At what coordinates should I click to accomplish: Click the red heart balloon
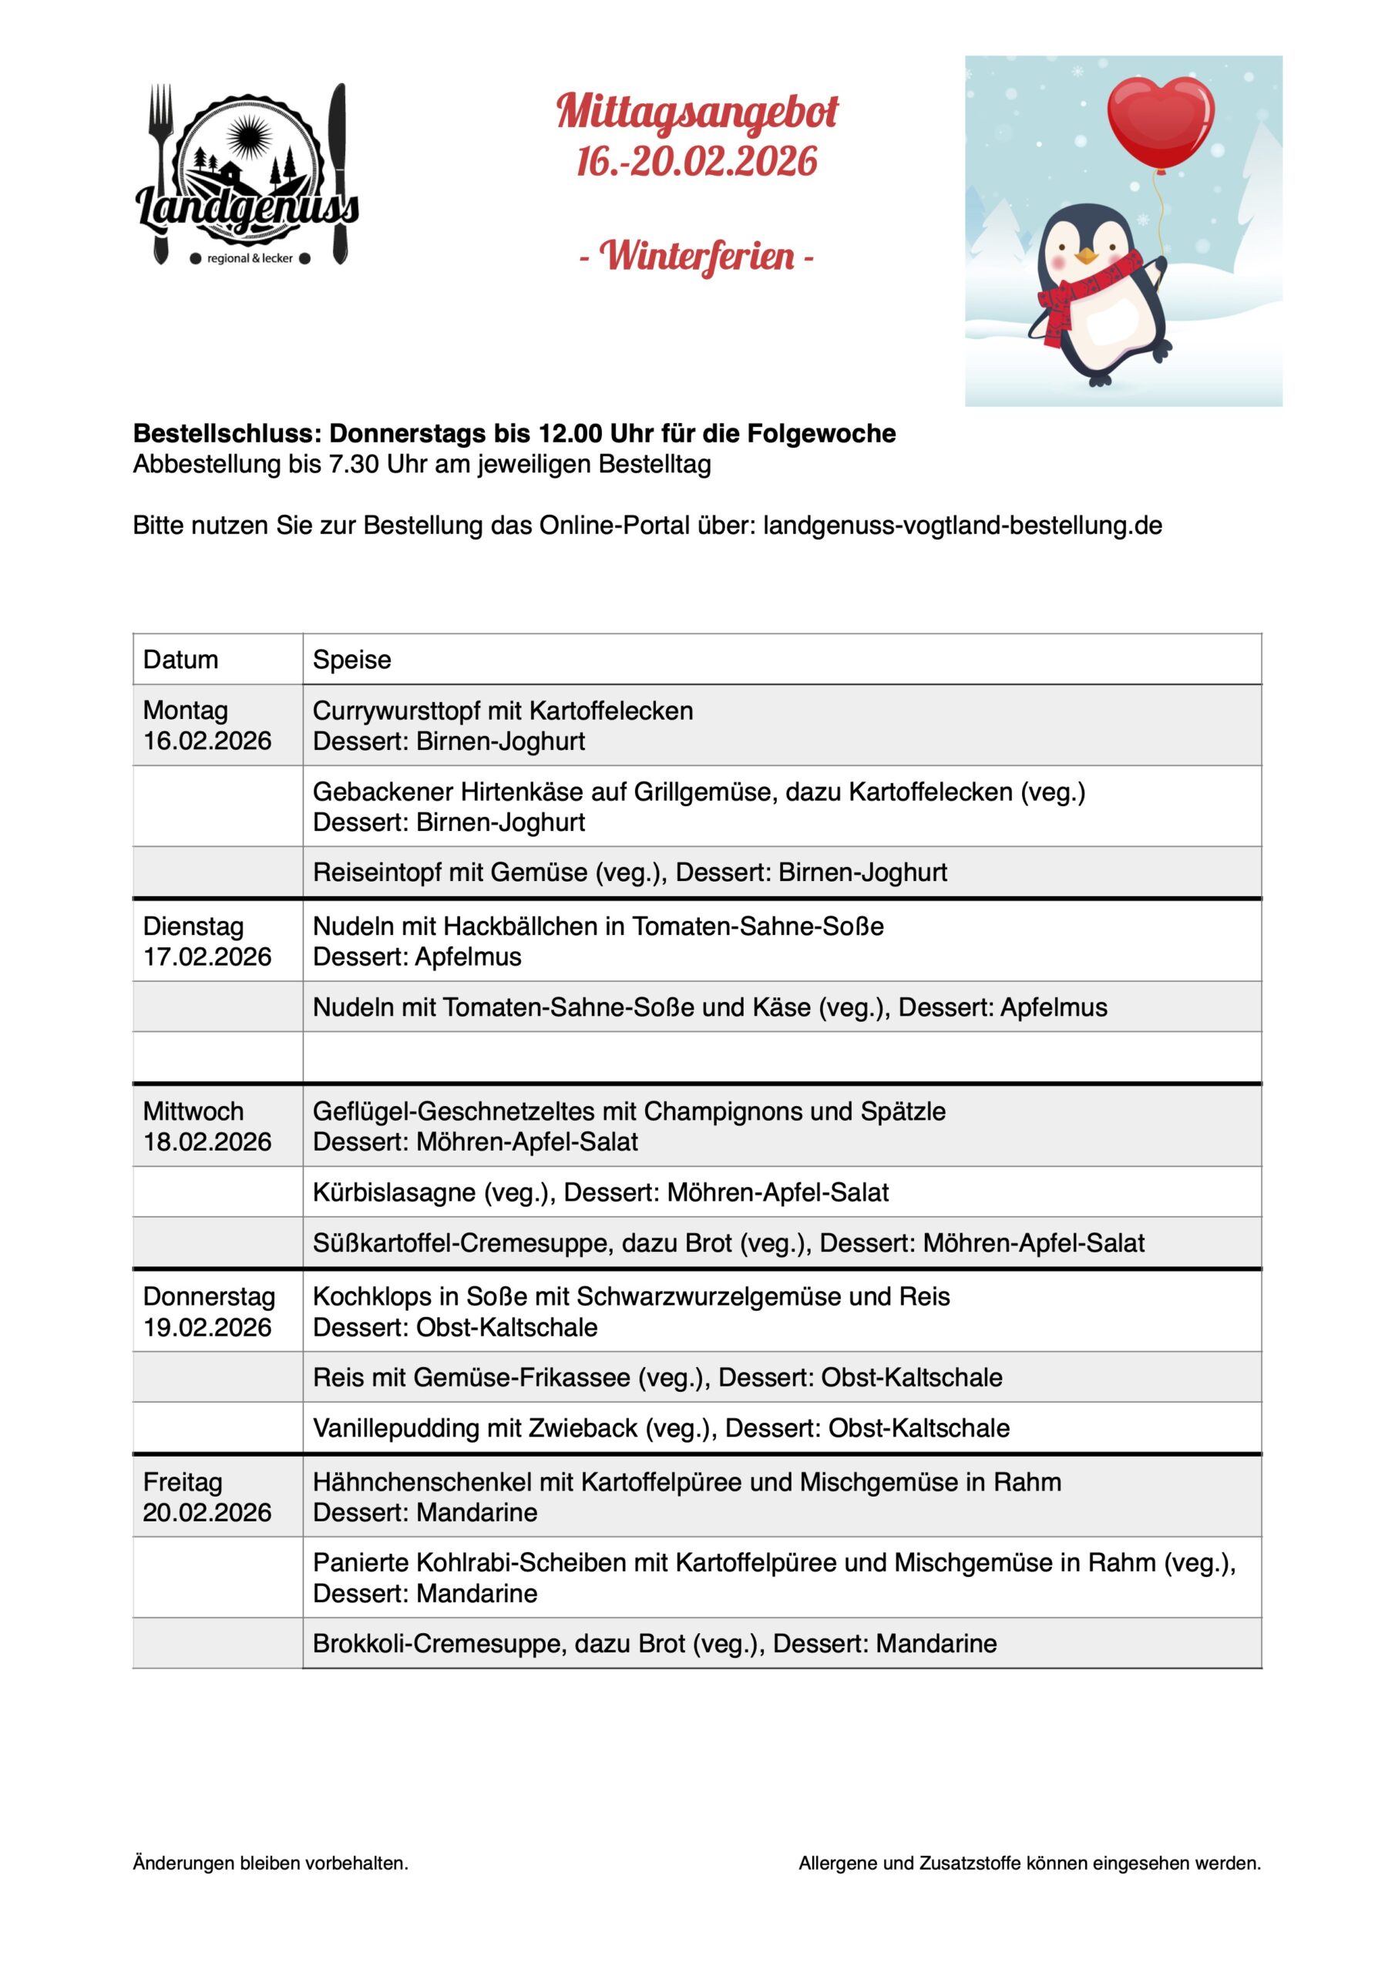[1161, 120]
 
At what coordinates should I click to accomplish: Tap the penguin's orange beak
[1088, 255]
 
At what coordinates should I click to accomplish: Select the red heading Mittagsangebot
[697, 113]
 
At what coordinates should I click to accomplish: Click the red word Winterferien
[696, 256]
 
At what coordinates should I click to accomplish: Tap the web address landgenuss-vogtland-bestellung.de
[962, 525]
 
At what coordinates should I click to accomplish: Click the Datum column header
[180, 659]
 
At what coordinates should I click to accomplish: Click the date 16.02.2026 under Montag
[207, 741]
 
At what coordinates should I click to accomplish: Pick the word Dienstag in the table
[193, 926]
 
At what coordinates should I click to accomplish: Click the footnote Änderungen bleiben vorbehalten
[271, 1863]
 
